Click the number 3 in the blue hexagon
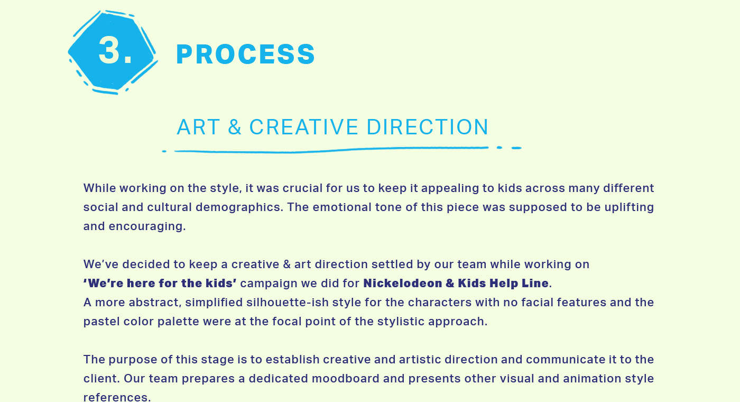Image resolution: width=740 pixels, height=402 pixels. tap(109, 50)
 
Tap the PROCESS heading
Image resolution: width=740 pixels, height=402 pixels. tap(246, 54)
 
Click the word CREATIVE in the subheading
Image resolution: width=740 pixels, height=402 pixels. tap(303, 127)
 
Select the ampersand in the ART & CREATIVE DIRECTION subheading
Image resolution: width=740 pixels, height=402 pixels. tap(235, 127)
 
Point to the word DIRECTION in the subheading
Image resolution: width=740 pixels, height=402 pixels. tap(427, 127)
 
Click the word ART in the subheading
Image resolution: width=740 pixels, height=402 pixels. tap(198, 127)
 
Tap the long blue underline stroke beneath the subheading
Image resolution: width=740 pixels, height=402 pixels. tap(331, 150)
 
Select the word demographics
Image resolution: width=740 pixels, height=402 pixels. tap(239, 207)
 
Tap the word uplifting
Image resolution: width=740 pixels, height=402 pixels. tap(629, 207)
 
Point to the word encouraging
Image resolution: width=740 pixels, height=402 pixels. tap(147, 227)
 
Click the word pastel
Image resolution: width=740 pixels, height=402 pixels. tap(101, 322)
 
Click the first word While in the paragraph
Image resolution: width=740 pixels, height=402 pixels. tap(99, 188)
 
